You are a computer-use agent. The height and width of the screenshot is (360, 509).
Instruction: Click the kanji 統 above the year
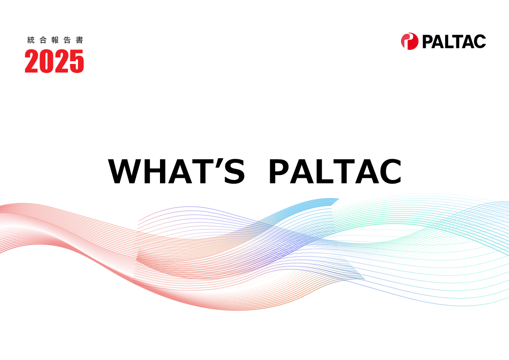[x=31, y=40]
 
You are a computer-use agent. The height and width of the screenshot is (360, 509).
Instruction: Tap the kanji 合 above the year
[x=43, y=40]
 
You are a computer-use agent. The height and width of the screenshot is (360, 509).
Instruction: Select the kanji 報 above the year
[x=55, y=40]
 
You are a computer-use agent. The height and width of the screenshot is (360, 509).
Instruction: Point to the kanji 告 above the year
[x=67, y=40]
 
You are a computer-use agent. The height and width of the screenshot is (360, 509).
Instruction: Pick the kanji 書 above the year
[x=79, y=40]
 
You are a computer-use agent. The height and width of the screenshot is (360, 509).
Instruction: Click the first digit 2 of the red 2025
[x=32, y=61]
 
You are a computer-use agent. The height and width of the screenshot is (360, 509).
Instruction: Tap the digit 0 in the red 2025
[x=47, y=61]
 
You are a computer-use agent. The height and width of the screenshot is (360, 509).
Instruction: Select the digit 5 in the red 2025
[x=77, y=61]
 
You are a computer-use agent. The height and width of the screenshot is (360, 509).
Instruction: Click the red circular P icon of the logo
[x=410, y=41]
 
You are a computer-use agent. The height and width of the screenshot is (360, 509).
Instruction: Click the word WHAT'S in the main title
[x=176, y=171]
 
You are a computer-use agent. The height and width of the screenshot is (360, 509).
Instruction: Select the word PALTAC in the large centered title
[x=336, y=171]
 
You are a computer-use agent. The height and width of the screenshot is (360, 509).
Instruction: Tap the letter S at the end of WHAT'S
[x=234, y=171]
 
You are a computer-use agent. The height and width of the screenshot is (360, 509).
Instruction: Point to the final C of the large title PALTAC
[x=391, y=171]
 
